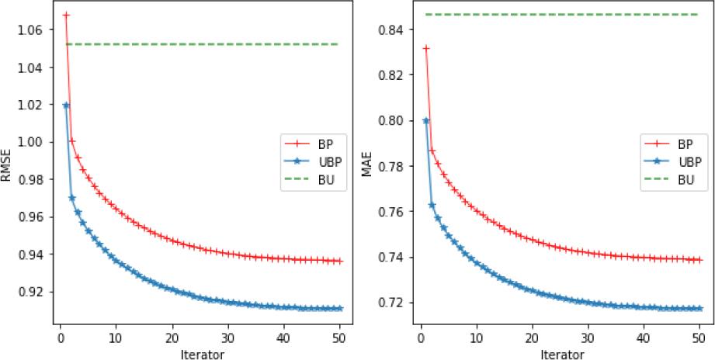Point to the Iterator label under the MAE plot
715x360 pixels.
pos(560,353)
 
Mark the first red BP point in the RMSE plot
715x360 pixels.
pos(66,16)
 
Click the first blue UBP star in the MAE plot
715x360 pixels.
pos(425,121)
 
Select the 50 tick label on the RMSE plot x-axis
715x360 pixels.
pos(339,337)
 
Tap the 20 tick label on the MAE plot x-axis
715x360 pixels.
pos(532,337)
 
